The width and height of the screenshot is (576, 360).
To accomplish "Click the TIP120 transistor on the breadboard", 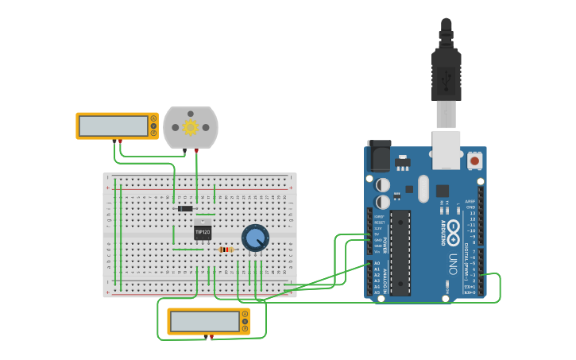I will (x=203, y=232).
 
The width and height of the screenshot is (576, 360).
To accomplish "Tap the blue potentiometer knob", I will (x=255, y=238).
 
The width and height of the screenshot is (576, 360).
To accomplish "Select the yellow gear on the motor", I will (x=191, y=127).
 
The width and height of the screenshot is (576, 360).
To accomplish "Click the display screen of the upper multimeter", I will (x=114, y=126).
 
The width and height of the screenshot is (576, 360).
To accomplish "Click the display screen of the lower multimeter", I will (x=204, y=321).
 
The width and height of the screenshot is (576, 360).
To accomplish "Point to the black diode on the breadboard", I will (x=185, y=208).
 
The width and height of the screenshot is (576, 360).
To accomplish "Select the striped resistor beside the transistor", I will (x=226, y=250).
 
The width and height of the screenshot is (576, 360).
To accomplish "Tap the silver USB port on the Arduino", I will (x=446, y=149).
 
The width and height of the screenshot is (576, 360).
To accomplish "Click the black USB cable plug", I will (x=446, y=75).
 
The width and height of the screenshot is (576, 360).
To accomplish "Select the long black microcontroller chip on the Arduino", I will (x=400, y=252).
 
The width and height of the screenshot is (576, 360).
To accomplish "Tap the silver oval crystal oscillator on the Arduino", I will (x=423, y=188).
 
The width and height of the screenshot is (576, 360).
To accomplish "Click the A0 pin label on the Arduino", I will (x=377, y=263).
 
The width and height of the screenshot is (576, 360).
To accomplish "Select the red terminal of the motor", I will (x=197, y=150).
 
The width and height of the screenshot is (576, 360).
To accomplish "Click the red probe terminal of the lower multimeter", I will (x=211, y=337).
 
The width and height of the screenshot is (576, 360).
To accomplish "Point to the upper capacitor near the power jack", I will (x=383, y=184).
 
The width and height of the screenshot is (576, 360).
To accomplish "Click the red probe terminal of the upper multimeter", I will (x=121, y=141).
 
